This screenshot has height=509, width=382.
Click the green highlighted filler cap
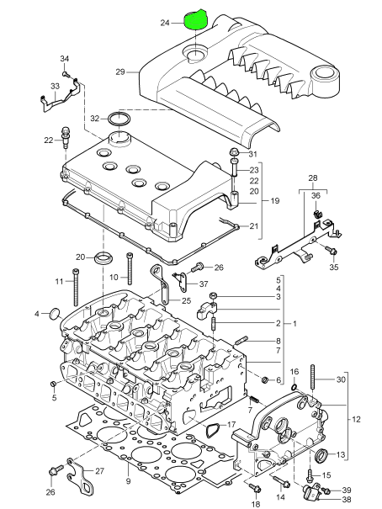(x=196, y=20)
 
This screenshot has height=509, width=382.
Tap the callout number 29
(x=120, y=72)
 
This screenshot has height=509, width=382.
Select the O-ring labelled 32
(x=119, y=119)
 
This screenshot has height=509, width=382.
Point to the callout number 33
(x=56, y=87)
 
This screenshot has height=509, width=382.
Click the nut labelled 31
(x=234, y=152)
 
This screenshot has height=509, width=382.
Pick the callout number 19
(x=275, y=201)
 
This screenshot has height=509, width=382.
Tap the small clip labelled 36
(x=316, y=214)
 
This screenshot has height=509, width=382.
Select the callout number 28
(x=313, y=178)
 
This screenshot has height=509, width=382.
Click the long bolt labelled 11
(x=76, y=287)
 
